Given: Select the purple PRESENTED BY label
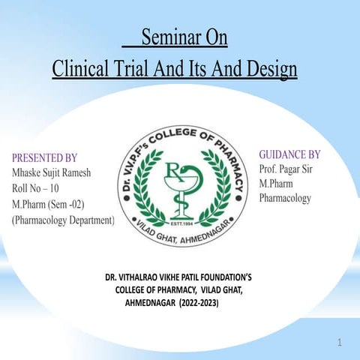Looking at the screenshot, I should [x=45, y=158].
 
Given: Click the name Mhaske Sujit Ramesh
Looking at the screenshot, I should [x=52, y=173].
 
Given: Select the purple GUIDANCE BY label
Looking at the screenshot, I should [x=289, y=154].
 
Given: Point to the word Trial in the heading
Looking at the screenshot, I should [x=145, y=69].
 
